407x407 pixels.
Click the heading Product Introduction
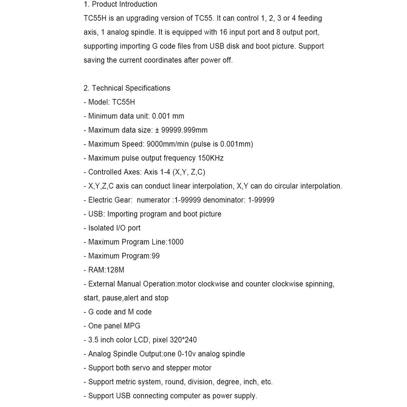click(124, 4)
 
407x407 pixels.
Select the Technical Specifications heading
click(131, 88)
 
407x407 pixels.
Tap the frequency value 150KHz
click(211, 158)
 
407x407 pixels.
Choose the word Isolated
click(101, 228)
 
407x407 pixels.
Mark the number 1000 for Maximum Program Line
click(176, 242)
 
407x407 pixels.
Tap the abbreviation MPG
click(132, 326)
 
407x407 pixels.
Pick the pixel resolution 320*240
click(183, 340)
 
